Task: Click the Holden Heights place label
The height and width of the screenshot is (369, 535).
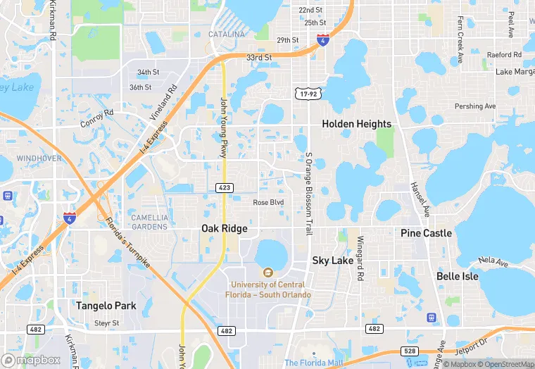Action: pos(356,124)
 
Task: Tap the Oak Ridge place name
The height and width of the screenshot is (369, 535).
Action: pos(225,228)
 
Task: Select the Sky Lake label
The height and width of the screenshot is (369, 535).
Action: pos(333,261)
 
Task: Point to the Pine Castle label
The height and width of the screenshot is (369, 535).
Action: pos(427,233)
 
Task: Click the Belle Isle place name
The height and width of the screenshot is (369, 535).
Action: pos(458,276)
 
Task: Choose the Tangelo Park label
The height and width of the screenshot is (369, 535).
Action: pos(106,306)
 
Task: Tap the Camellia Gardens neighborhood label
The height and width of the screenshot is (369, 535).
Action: pos(149,222)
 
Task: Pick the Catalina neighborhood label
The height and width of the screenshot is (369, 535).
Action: pos(227,35)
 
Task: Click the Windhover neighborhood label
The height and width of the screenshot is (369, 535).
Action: pos(39,158)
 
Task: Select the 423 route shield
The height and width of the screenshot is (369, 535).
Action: pos(225,187)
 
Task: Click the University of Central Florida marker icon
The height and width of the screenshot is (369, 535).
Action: pos(267,273)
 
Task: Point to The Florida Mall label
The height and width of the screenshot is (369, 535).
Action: pos(313,363)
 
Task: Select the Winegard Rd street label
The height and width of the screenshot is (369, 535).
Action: pos(360,258)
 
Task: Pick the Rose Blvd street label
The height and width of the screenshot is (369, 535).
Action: pos(268,202)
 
